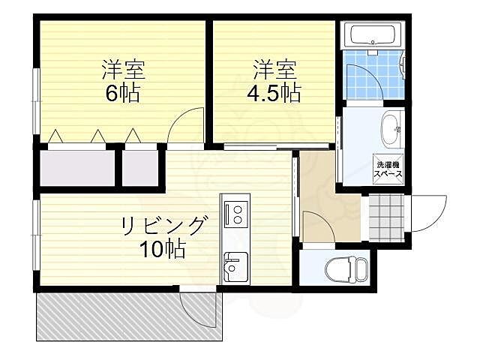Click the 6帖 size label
click(123, 94)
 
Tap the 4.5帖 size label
click(274, 93)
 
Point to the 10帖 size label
click(161, 248)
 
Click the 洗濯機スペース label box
click(388, 169)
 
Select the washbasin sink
click(391, 130)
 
